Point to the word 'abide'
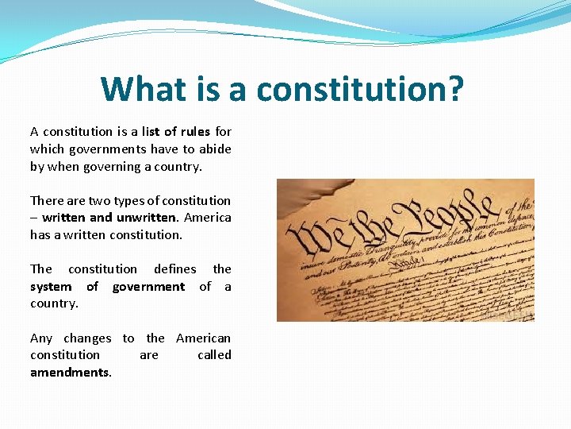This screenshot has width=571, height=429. pyautogui.click(x=215, y=149)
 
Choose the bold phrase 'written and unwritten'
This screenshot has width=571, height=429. pyautogui.click(x=109, y=218)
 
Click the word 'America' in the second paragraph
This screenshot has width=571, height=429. pyautogui.click(x=208, y=218)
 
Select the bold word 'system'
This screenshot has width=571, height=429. pyautogui.click(x=51, y=287)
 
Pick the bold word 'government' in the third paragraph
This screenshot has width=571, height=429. pyautogui.click(x=148, y=287)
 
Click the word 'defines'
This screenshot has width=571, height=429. pyautogui.click(x=174, y=269)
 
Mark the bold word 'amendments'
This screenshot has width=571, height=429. pyautogui.click(x=70, y=373)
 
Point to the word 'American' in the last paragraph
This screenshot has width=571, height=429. pyautogui.click(x=204, y=338)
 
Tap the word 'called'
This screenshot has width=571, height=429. pyautogui.click(x=214, y=355)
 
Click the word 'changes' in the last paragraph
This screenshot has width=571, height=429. pyautogui.click(x=87, y=338)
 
